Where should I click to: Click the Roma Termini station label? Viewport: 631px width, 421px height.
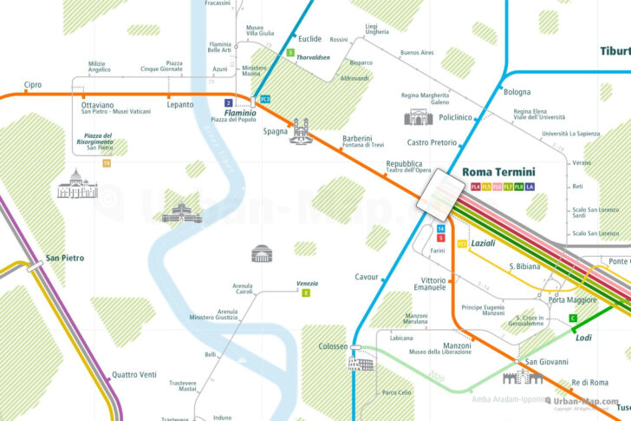(x=498, y=172)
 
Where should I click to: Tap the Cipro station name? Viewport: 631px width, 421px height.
(x=33, y=84)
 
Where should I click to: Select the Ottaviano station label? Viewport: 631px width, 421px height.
(x=98, y=104)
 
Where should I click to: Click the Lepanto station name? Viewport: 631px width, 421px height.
(x=180, y=104)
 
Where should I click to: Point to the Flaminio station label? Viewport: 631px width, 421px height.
(x=240, y=113)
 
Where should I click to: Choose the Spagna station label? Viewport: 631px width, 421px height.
(x=275, y=131)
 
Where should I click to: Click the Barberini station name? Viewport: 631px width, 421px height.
(x=357, y=138)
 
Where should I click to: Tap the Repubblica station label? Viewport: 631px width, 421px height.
(x=404, y=163)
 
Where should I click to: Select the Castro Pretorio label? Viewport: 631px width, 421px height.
(x=432, y=141)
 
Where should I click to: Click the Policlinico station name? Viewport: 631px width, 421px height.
(x=455, y=116)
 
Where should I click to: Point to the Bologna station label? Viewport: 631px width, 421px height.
(x=517, y=91)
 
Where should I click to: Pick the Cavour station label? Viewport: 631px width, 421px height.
(x=368, y=277)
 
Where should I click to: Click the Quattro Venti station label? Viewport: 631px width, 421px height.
(x=134, y=375)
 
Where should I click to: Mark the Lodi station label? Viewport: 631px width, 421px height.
(x=583, y=337)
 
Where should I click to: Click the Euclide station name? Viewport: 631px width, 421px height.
(x=309, y=39)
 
